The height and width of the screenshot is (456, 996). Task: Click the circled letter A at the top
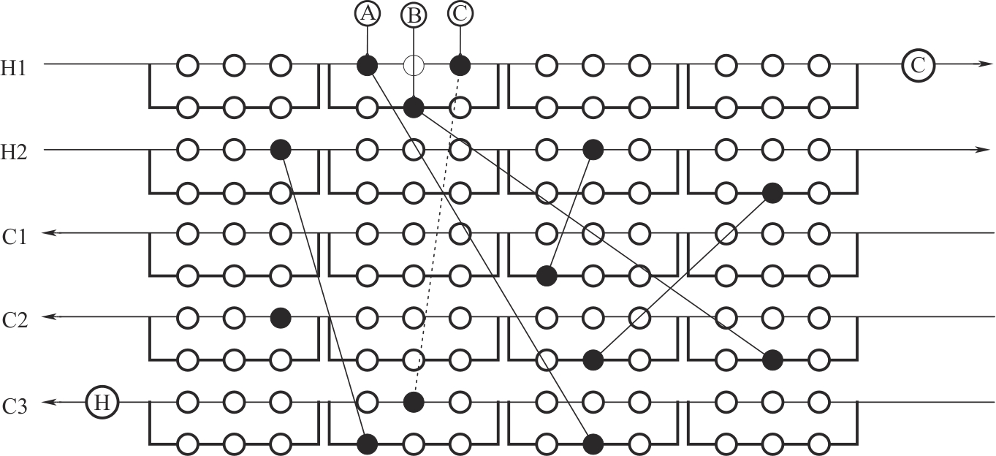pyautogui.click(x=367, y=13)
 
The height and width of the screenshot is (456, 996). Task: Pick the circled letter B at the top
pyautogui.click(x=414, y=15)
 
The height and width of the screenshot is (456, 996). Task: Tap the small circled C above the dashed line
pyautogui.click(x=460, y=13)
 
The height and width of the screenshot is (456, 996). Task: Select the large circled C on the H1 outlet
pyautogui.click(x=918, y=64)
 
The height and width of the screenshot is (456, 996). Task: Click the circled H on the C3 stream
pyautogui.click(x=103, y=402)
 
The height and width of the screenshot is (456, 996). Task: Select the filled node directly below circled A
pyautogui.click(x=367, y=66)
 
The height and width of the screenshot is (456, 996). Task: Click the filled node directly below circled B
pyautogui.click(x=414, y=108)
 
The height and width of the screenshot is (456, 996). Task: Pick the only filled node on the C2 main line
pyautogui.click(x=280, y=318)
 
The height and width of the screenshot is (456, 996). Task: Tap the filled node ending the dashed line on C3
pyautogui.click(x=414, y=402)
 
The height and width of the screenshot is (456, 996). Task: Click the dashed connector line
pyautogui.click(x=437, y=234)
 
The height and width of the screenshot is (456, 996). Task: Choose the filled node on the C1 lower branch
pyautogui.click(x=546, y=276)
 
